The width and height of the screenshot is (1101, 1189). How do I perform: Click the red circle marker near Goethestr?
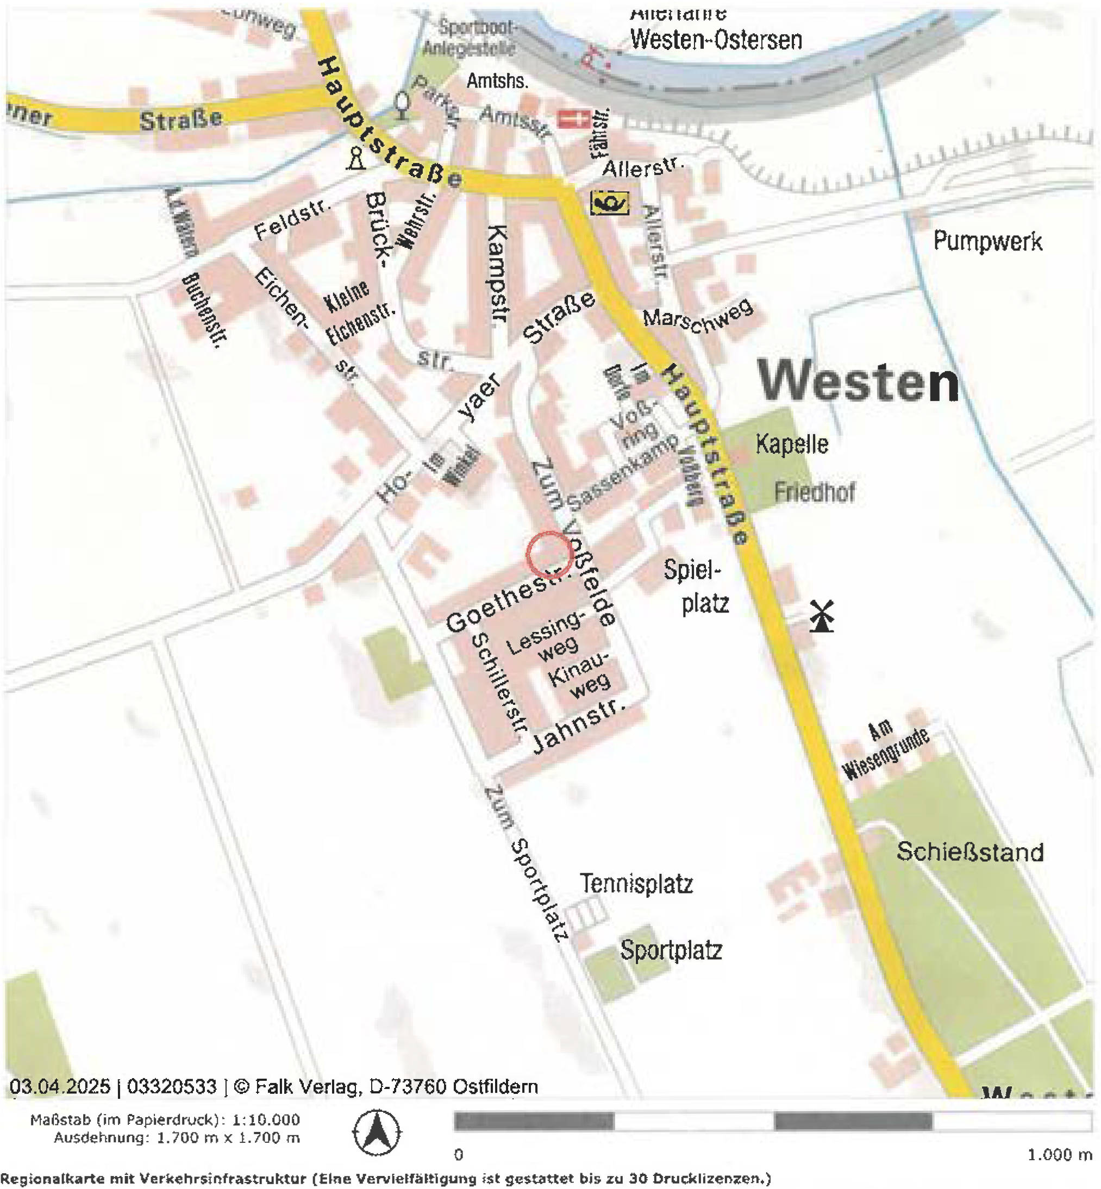click(x=549, y=554)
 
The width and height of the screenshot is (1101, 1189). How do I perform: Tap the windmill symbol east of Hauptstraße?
click(x=821, y=616)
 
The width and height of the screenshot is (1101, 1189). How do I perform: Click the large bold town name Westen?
click(x=858, y=382)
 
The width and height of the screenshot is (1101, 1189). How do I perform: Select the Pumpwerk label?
click(x=987, y=241)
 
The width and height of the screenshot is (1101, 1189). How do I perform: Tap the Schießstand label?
click(x=969, y=852)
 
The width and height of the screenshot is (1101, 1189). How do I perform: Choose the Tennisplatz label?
click(x=636, y=884)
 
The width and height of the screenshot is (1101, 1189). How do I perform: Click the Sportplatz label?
click(x=671, y=949)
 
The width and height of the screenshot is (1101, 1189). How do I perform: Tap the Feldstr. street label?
click(x=292, y=219)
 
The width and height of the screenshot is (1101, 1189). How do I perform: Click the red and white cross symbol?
click(x=573, y=118)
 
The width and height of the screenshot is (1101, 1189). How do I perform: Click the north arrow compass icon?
click(x=377, y=1132)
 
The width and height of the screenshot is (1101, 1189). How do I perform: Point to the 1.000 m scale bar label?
click(x=1059, y=1155)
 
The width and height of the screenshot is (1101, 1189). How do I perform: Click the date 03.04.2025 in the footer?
click(x=60, y=1086)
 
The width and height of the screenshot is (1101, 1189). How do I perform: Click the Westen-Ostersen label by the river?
click(x=716, y=40)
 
